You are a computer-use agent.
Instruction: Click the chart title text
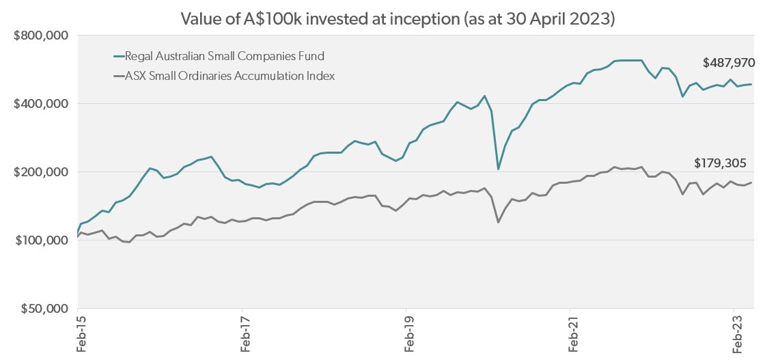[x=398, y=18]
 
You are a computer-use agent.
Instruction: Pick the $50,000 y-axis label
[x=44, y=309]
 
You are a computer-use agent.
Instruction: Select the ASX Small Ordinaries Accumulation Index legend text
[x=229, y=76]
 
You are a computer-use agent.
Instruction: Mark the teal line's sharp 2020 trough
[x=499, y=169]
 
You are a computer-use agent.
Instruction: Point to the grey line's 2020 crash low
[x=499, y=222]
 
